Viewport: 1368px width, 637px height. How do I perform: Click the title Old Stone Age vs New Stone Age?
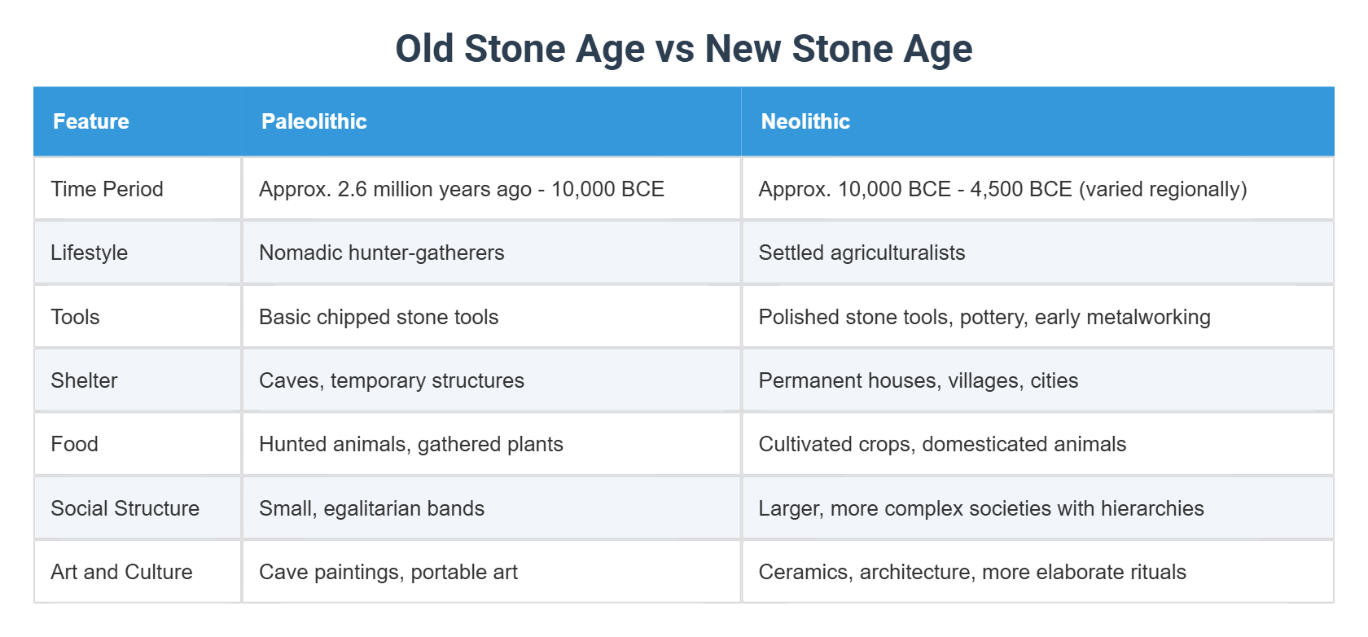click(x=683, y=49)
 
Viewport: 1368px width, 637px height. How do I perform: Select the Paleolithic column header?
click(x=313, y=121)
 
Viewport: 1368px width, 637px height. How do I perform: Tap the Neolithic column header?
click(x=805, y=121)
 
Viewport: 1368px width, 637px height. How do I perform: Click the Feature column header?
click(x=90, y=121)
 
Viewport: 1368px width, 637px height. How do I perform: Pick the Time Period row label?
click(x=107, y=189)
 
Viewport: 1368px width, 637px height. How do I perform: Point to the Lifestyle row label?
click(x=89, y=253)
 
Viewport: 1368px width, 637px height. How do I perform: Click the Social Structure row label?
click(x=125, y=508)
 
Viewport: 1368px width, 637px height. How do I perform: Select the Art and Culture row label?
click(x=121, y=572)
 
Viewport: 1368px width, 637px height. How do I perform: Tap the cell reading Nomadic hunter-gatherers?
click(x=381, y=253)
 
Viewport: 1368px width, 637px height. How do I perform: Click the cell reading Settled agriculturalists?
click(x=862, y=253)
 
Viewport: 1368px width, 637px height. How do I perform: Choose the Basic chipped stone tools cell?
click(x=379, y=317)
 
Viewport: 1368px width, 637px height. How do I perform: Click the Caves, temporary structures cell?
click(x=391, y=380)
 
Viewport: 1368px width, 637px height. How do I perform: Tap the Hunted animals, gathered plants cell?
click(x=410, y=444)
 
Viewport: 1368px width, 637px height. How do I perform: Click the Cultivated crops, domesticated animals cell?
click(x=942, y=444)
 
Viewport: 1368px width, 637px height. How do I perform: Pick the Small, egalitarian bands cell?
click(x=371, y=508)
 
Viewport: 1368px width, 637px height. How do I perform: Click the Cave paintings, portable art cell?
click(x=388, y=572)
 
